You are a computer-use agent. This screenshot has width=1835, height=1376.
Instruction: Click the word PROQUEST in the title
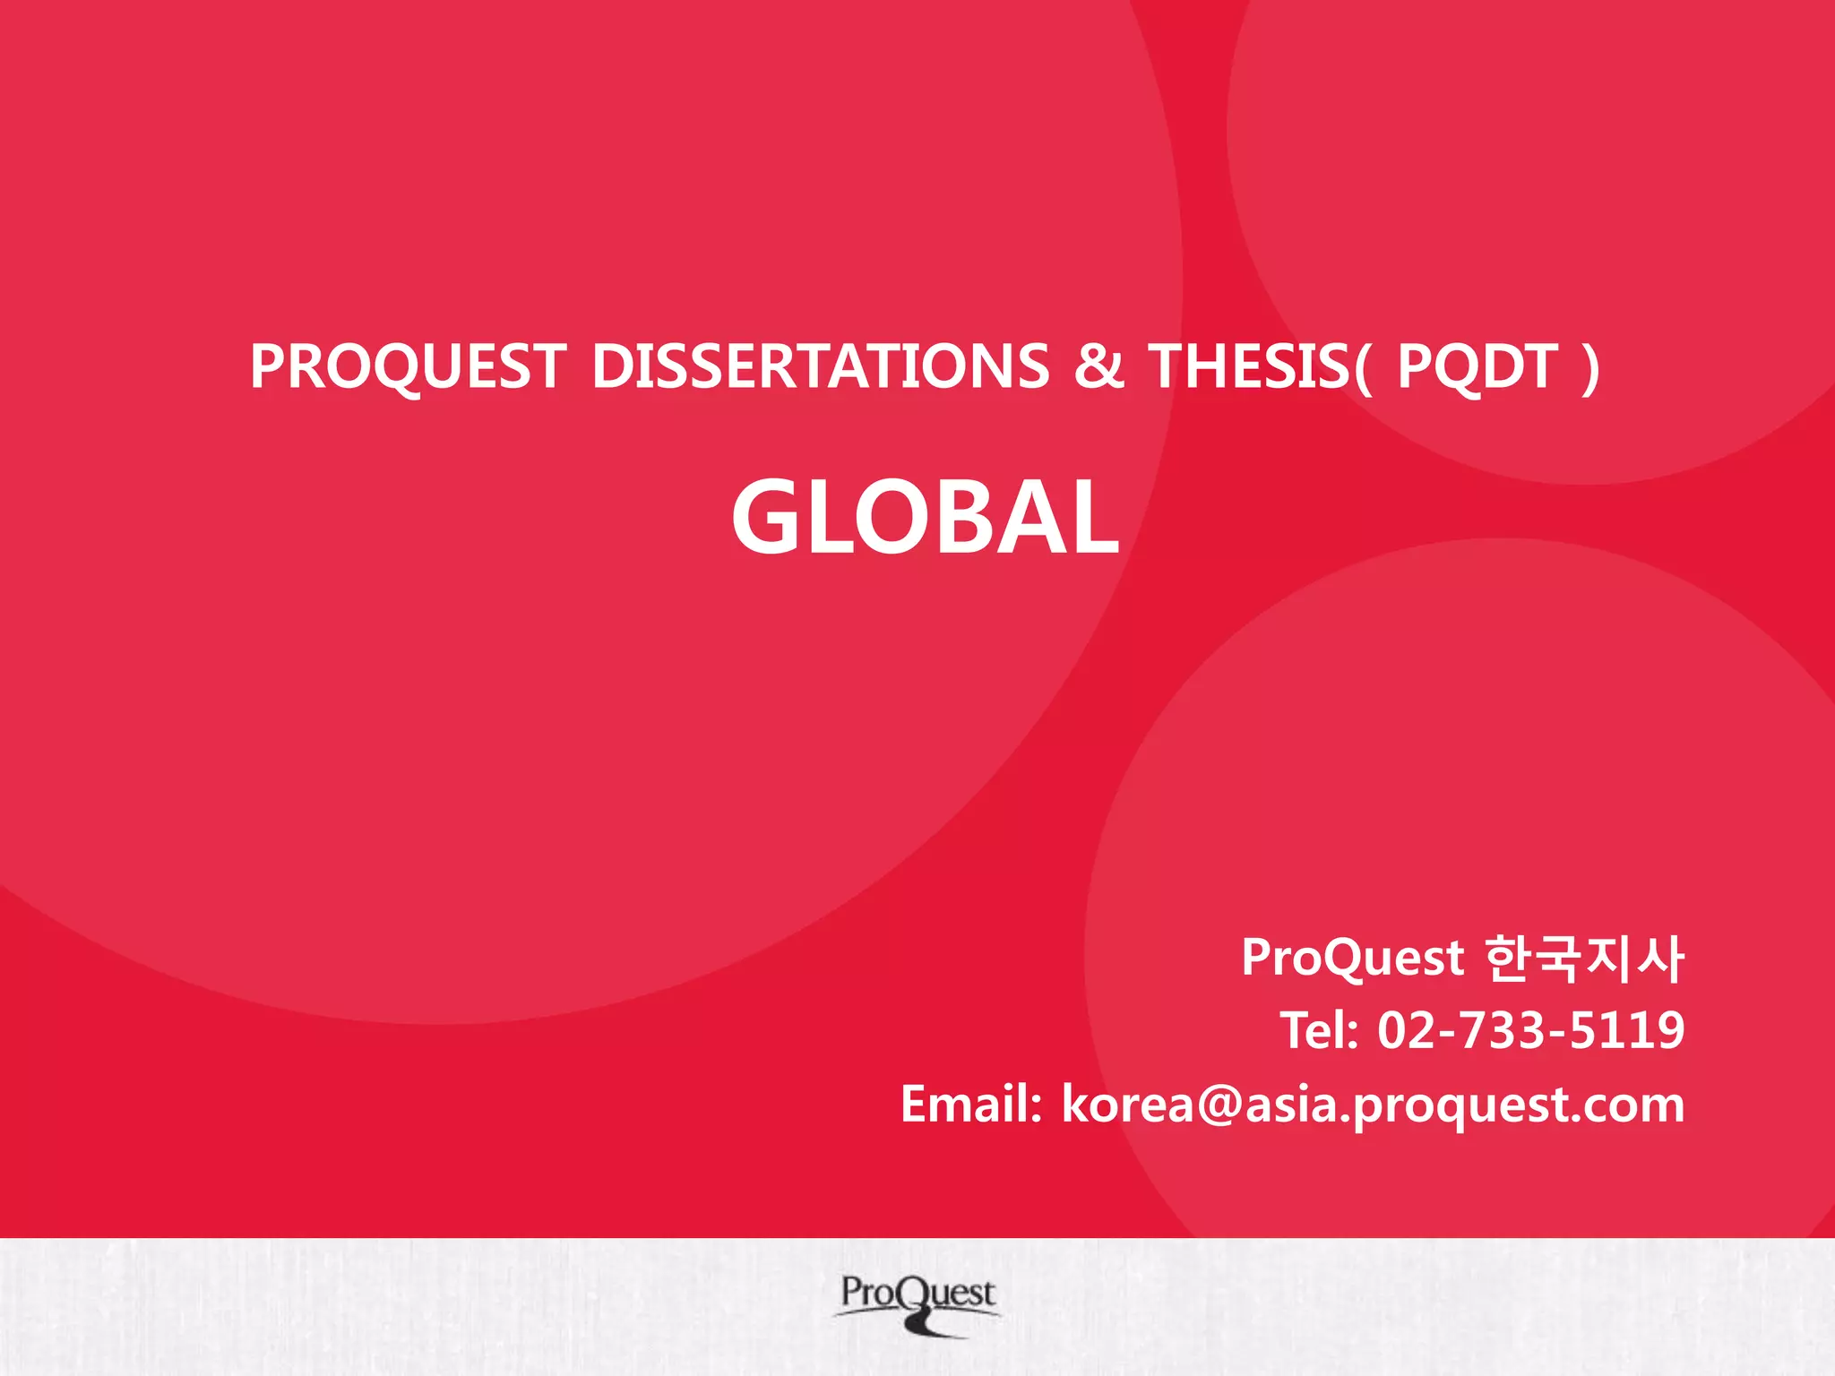[408, 366]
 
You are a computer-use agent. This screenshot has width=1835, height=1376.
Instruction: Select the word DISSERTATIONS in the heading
[820, 366]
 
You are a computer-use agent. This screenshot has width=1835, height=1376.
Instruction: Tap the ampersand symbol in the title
[1098, 366]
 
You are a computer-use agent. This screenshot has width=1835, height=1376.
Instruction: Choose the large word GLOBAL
[925, 518]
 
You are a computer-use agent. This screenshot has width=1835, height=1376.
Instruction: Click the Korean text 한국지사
[1584, 958]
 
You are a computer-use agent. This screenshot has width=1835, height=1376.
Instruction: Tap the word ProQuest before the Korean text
[1352, 958]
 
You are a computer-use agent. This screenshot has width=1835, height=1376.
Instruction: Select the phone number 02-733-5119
[1530, 1030]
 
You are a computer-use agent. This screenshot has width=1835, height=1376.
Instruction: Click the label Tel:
[1319, 1030]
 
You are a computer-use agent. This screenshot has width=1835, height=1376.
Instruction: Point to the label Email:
[971, 1104]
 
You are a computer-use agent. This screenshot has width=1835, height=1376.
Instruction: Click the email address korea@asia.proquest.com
[1373, 1104]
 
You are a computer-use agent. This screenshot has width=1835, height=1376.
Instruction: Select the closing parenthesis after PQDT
[1590, 366]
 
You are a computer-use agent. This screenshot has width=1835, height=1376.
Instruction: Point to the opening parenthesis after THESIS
[1362, 366]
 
